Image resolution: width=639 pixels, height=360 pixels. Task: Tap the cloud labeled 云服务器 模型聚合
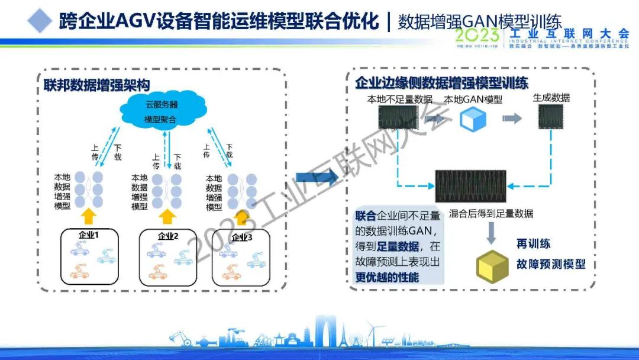[x=161, y=111]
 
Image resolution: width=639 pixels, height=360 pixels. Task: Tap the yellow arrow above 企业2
[x=167, y=217]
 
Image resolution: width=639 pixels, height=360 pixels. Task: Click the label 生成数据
[x=551, y=98]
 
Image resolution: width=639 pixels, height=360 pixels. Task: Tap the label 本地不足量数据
[x=400, y=99]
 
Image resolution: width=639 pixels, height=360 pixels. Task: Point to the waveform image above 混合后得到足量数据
[x=470, y=186]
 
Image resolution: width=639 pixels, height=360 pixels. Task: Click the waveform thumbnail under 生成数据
[x=550, y=118]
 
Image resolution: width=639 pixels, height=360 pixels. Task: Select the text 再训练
[x=533, y=244]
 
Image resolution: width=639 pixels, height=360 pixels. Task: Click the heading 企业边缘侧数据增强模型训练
[x=441, y=83]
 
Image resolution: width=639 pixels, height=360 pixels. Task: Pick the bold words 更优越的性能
[x=387, y=277]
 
